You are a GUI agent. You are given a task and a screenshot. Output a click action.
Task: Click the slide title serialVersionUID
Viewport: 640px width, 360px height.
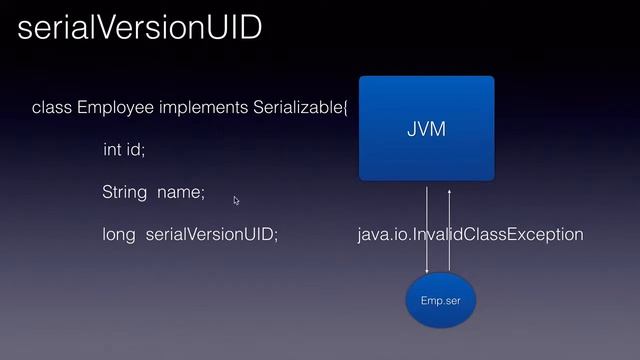140,29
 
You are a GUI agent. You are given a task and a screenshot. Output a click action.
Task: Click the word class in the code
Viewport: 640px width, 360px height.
52,107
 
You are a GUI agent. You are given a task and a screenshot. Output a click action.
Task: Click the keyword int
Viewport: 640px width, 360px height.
113,150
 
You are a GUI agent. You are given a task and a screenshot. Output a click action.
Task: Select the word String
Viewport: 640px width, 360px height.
124,192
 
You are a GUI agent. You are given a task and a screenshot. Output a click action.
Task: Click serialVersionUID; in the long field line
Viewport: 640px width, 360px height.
212,235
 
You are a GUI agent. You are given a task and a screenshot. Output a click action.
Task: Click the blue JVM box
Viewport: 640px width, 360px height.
427,160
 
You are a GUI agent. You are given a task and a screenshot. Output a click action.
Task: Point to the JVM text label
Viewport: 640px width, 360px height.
427,130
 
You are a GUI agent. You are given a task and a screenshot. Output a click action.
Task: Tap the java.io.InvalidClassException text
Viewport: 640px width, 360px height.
470,235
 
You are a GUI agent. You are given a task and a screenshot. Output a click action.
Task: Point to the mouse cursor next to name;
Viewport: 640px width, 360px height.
236,200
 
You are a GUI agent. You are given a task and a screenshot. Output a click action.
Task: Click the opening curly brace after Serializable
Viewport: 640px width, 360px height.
346,107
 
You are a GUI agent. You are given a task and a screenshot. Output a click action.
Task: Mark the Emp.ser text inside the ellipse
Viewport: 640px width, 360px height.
441,300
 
